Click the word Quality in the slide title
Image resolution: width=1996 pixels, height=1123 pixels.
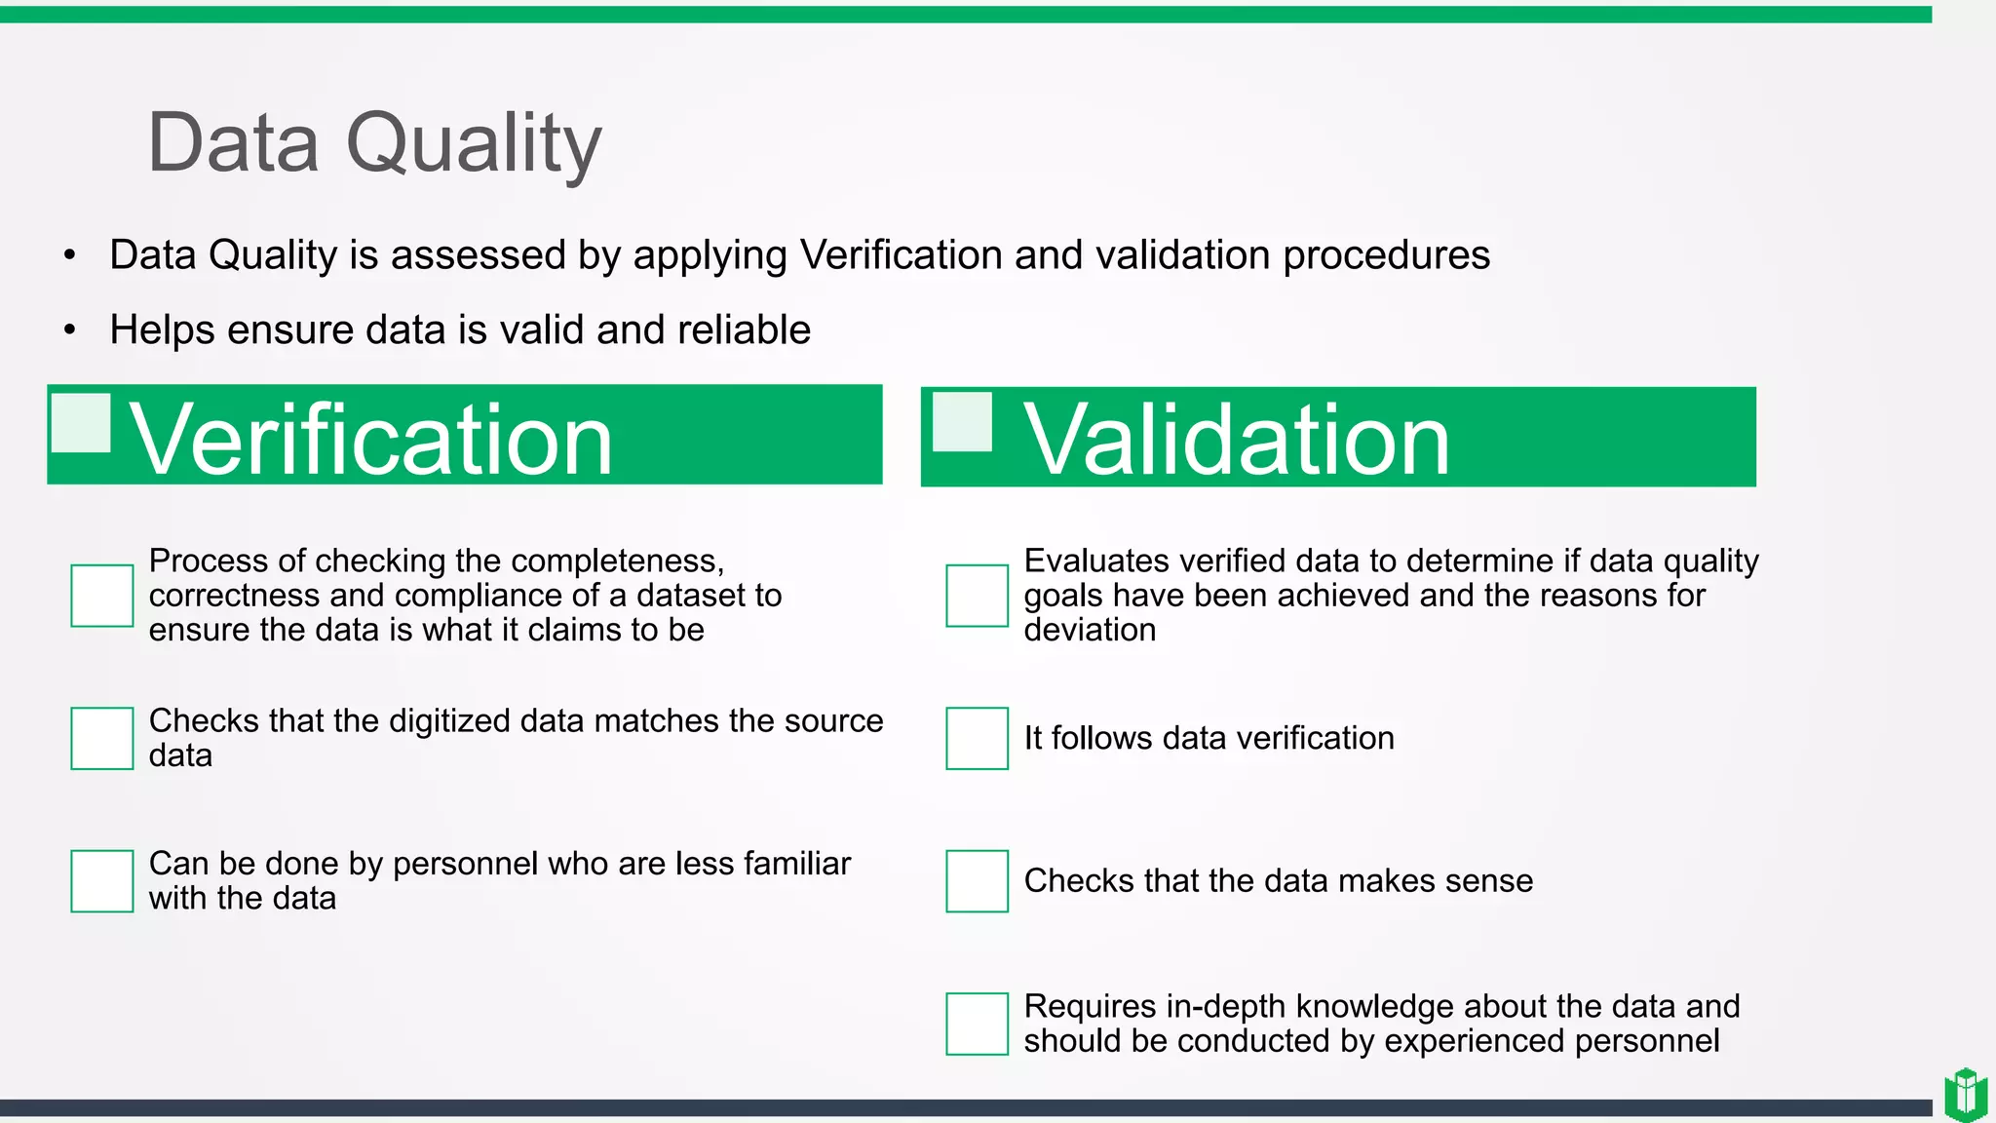(x=474, y=144)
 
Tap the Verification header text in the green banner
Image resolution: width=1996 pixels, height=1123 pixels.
(x=371, y=440)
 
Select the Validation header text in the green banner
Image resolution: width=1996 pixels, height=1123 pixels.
(x=1236, y=440)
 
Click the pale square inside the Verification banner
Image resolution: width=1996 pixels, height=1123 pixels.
(x=81, y=422)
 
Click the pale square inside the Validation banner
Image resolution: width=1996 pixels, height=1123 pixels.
(x=962, y=422)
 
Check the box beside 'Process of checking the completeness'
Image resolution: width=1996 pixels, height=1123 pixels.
(x=102, y=596)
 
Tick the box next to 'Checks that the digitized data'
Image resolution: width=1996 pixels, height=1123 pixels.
(x=102, y=738)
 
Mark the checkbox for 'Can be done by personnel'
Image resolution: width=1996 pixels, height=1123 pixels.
(x=102, y=881)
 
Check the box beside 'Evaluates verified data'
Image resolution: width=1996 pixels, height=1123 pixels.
(x=977, y=596)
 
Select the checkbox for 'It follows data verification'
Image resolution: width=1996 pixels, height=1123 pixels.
(x=977, y=738)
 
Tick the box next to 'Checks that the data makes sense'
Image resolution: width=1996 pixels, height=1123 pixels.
(x=977, y=881)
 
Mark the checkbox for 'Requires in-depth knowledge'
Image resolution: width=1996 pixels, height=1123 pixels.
(x=977, y=1024)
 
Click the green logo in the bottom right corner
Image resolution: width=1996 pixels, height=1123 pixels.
(x=1966, y=1095)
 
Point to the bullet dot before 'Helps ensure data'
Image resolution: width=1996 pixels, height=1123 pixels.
(x=69, y=330)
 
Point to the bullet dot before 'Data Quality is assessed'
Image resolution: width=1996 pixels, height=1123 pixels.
(x=69, y=255)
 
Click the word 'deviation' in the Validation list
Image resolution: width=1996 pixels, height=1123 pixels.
(x=1090, y=630)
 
